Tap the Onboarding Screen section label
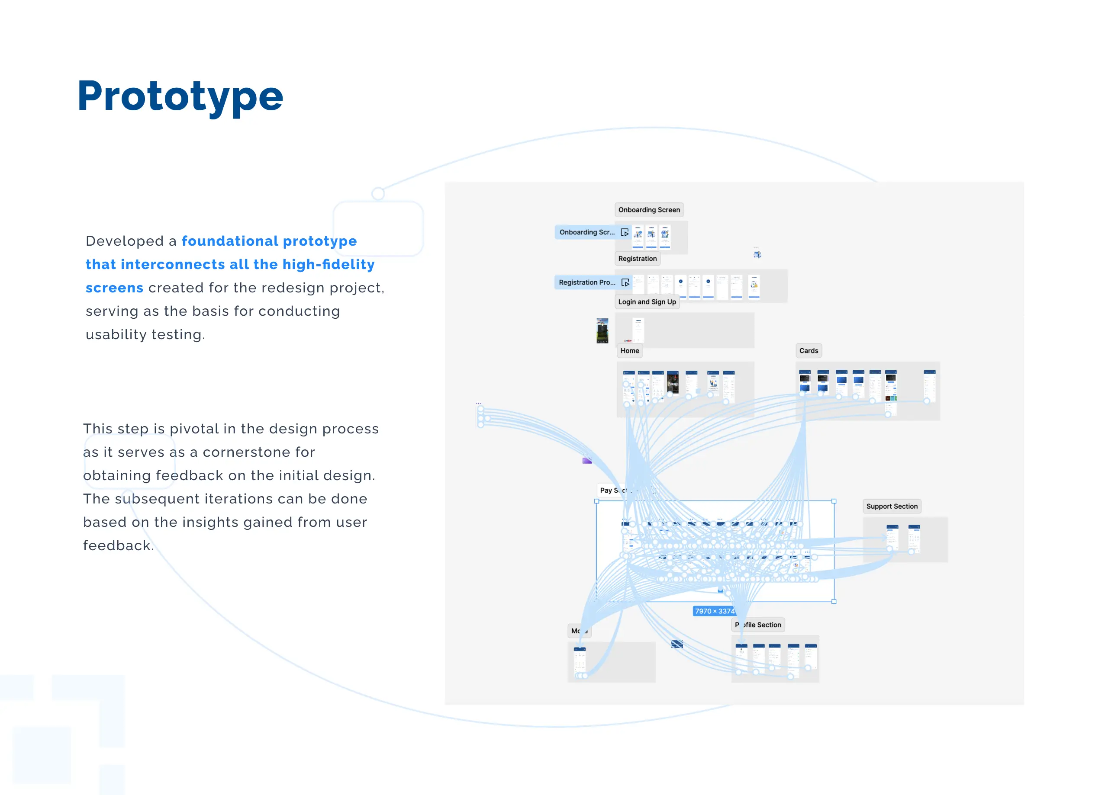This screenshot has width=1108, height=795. click(x=649, y=210)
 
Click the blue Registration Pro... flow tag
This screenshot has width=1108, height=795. click(x=587, y=282)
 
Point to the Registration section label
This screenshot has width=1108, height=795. click(x=637, y=259)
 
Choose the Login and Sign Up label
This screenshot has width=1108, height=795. click(x=647, y=302)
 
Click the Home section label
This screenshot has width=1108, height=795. click(x=629, y=351)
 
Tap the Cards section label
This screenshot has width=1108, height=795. click(x=808, y=351)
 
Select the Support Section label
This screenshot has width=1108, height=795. click(x=892, y=506)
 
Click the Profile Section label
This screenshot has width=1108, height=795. click(x=758, y=625)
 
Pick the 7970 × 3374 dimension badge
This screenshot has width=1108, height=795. click(x=714, y=611)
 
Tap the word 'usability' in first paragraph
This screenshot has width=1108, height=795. click(x=116, y=334)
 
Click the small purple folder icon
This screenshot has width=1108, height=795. click(x=587, y=461)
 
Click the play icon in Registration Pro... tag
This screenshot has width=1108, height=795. click(x=625, y=282)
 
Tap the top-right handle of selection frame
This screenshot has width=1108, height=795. click(x=834, y=501)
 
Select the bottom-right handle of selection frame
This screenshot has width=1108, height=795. click(x=834, y=602)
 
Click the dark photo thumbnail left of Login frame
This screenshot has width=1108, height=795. click(x=602, y=330)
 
